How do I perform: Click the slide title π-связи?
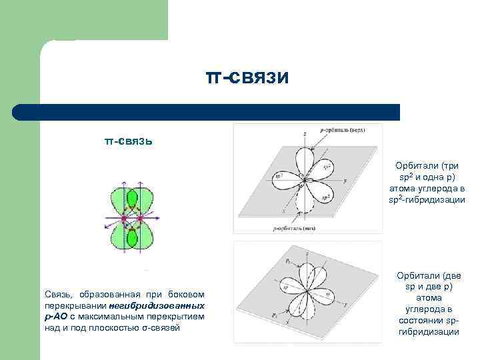(247, 78)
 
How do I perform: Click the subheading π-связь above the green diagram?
(129, 141)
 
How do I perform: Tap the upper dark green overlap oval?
(132, 199)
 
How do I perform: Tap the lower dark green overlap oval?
(132, 237)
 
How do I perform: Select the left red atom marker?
(124, 218)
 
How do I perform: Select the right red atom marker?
(141, 218)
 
